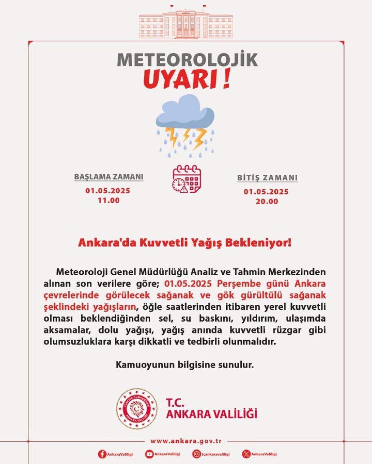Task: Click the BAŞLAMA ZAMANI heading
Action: pyautogui.click(x=109, y=177)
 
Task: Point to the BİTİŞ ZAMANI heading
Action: pyautogui.click(x=267, y=178)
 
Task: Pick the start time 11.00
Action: pyautogui.click(x=108, y=200)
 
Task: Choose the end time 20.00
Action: pyautogui.click(x=267, y=201)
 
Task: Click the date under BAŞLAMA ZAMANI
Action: pyautogui.click(x=108, y=191)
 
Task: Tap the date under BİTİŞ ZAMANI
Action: pyautogui.click(x=266, y=192)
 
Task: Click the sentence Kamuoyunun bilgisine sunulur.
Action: pyautogui.click(x=185, y=365)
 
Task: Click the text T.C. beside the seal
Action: pyautogui.click(x=175, y=403)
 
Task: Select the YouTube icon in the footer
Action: pyautogui.click(x=149, y=454)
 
